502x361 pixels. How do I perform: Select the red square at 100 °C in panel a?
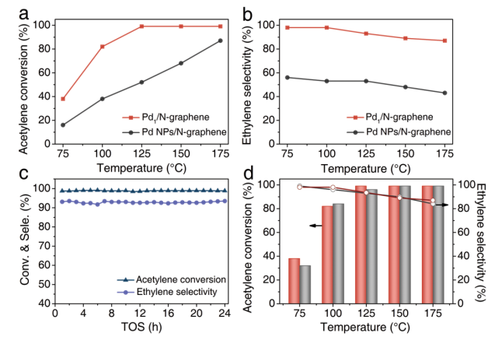pos(102,47)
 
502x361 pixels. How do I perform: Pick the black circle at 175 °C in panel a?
pos(221,40)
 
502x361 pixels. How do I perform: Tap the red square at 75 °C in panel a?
pos(62,99)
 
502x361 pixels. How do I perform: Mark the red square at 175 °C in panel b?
pos(467,40)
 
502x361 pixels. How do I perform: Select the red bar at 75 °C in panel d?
pos(295,280)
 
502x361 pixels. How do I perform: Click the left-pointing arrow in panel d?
pos(315,226)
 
